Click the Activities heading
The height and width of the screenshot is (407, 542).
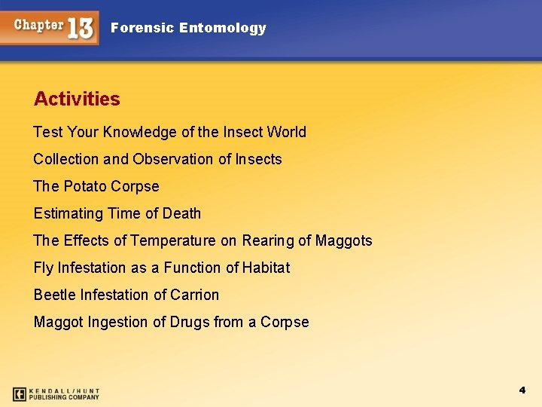pyautogui.click(x=77, y=99)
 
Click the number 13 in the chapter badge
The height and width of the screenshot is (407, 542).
pyautogui.click(x=81, y=28)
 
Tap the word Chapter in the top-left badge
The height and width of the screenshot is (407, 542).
pyautogui.click(x=38, y=25)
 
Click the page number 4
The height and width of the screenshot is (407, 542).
pyautogui.click(x=522, y=390)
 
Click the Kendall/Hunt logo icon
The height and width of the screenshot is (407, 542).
pyautogui.click(x=20, y=393)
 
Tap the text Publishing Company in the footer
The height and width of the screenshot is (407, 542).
pyautogui.click(x=64, y=397)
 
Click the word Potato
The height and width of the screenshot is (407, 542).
pyautogui.click(x=83, y=186)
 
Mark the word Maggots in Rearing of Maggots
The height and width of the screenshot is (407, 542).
pyautogui.click(x=343, y=240)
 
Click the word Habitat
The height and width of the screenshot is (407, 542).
pyautogui.click(x=266, y=268)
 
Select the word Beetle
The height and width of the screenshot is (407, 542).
pyautogui.click(x=53, y=295)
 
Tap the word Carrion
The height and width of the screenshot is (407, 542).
pyautogui.click(x=194, y=295)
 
